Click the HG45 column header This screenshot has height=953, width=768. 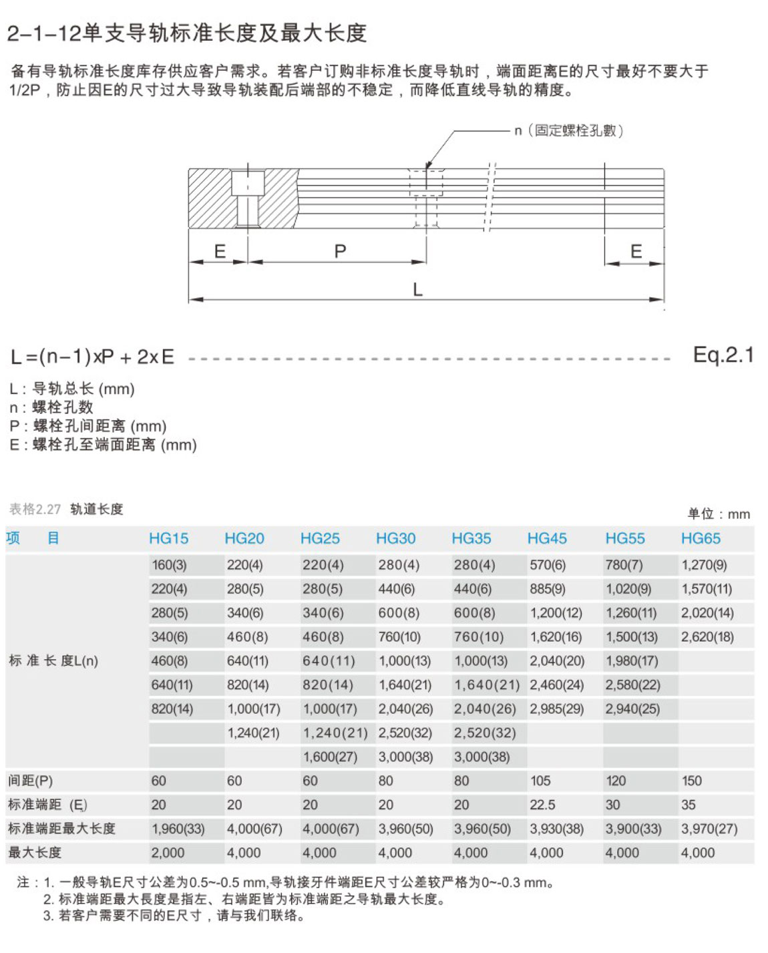coord(547,538)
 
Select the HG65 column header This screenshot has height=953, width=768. coord(701,538)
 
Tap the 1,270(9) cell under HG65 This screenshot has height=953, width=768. coord(704,565)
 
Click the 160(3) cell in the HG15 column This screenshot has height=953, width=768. coord(169,565)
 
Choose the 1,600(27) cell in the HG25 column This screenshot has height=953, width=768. coord(330,757)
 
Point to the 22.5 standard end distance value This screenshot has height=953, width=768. coord(542,805)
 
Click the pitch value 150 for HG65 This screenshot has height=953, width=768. coord(692,781)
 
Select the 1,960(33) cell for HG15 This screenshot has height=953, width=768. coord(178,829)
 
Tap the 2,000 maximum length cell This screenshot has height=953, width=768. coord(168,853)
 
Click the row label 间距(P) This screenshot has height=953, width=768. coord(31,781)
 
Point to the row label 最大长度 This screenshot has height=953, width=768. coord(35,853)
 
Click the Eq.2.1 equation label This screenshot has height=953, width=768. coord(723,355)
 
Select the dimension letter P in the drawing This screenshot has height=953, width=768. coord(340,252)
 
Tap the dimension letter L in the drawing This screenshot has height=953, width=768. coord(417,290)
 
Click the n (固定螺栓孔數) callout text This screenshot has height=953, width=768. coord(569,131)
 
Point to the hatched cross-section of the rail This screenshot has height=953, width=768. coord(208,198)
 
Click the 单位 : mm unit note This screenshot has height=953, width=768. coord(719,514)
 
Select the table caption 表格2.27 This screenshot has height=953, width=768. coord(35,510)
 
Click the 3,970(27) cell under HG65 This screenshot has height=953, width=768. coord(709,829)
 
